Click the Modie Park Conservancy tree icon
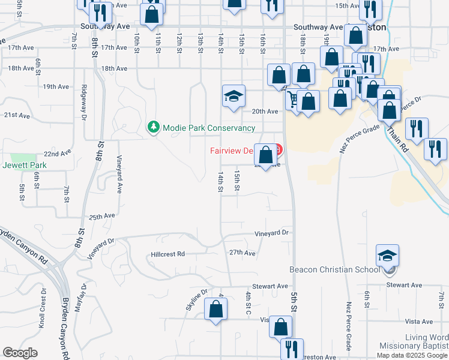point(154,127)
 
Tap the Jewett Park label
point(25,165)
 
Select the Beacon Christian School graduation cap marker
point(387,256)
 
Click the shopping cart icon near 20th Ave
point(292,99)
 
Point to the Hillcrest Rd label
point(167,254)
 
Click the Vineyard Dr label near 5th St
point(271,232)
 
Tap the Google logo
point(20,353)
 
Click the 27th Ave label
point(243,253)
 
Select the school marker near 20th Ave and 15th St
point(234,97)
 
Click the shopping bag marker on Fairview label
point(265,155)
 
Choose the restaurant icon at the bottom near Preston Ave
point(291,349)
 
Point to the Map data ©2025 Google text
point(412,355)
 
